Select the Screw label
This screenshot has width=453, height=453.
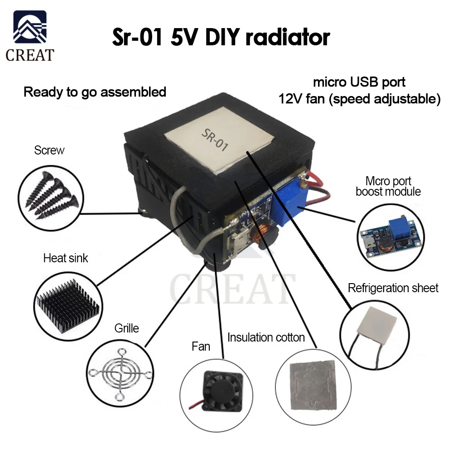point(49,150)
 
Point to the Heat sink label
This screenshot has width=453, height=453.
point(66,258)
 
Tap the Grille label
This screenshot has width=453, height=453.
point(126,328)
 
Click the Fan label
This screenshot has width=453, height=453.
point(201,347)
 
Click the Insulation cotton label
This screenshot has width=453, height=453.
point(266,337)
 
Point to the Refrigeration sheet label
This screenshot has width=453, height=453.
point(393,288)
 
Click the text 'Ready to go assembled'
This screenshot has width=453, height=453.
point(95,92)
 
